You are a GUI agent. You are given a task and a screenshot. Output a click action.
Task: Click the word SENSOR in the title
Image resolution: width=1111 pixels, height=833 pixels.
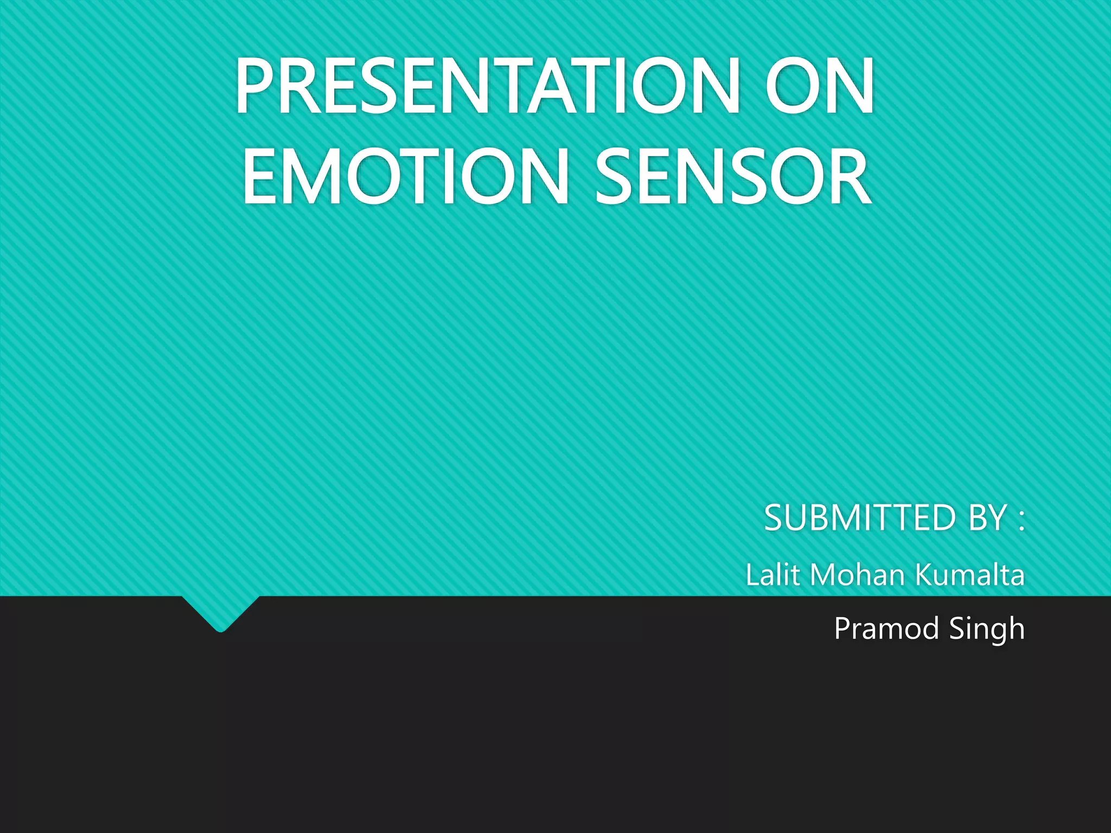point(733,177)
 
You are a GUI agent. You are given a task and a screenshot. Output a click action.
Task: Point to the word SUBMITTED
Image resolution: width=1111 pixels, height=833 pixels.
point(860,518)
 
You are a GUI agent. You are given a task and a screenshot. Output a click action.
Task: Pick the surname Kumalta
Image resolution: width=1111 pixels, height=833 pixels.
point(970,574)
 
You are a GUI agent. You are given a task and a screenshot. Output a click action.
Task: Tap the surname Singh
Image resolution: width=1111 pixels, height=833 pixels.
point(987,629)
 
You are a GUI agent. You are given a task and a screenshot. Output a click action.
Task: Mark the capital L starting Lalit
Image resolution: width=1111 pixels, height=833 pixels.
point(753,574)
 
